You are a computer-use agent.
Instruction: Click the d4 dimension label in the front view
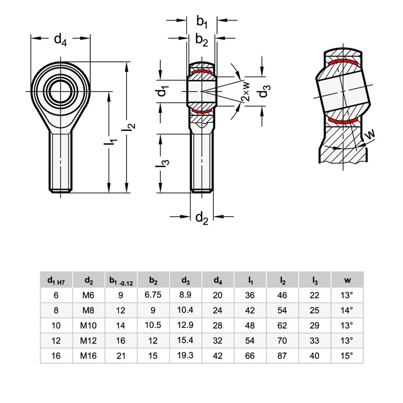pos(60,40)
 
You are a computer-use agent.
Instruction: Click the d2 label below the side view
pos(201,218)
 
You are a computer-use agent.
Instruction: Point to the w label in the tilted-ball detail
pos(369,135)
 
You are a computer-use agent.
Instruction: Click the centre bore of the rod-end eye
pos(60,91)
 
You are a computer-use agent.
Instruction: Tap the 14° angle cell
pos(348,310)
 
